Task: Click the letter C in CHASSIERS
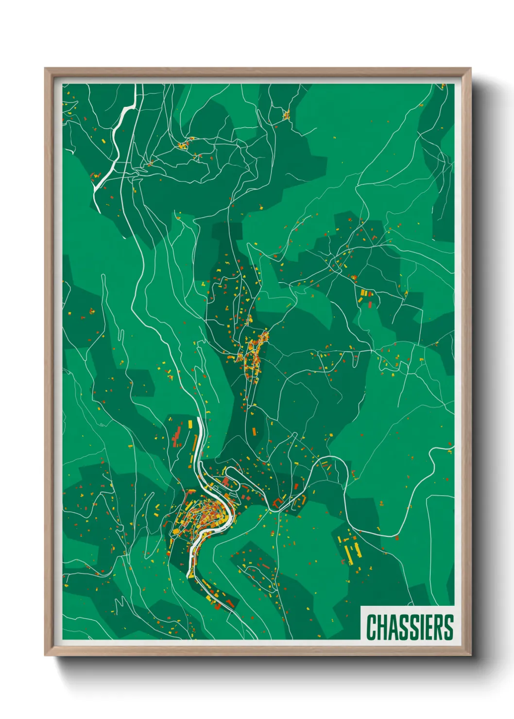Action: tap(372, 627)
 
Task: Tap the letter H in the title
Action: tap(383, 627)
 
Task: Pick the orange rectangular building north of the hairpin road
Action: tap(253, 431)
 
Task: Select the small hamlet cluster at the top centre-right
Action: tap(286, 115)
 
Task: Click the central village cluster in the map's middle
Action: tap(253, 355)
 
